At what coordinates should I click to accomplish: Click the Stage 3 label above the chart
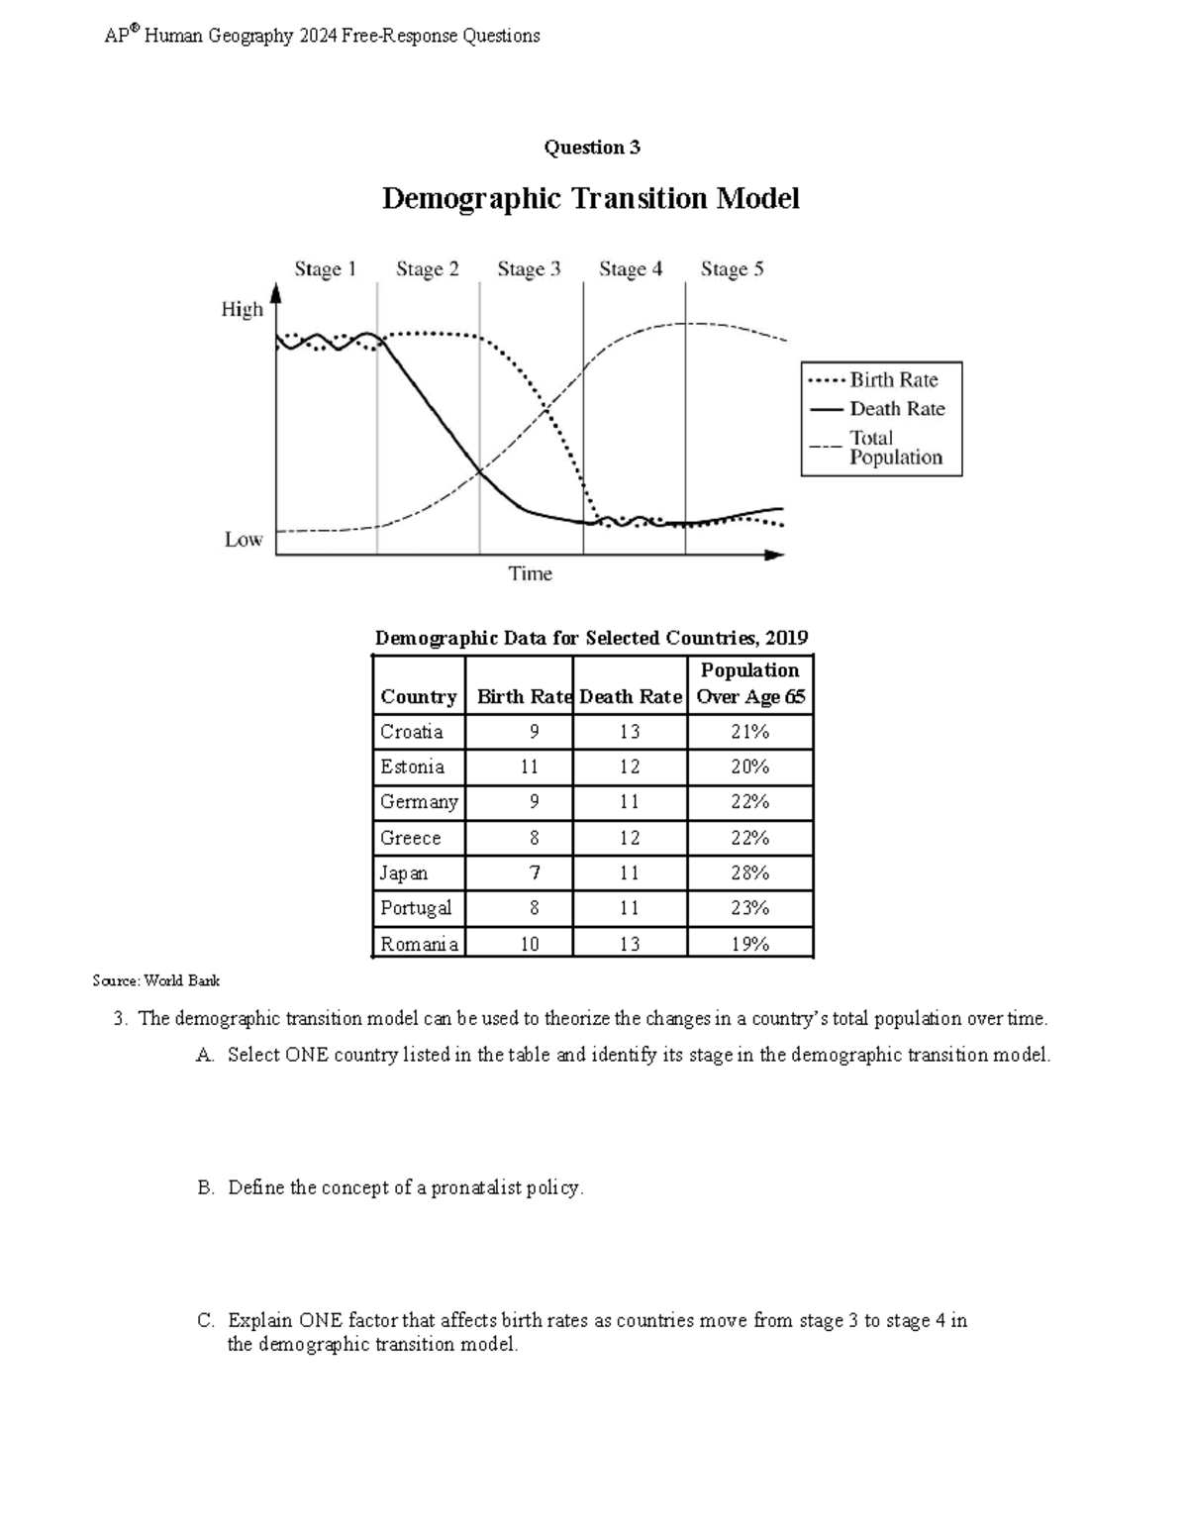(529, 269)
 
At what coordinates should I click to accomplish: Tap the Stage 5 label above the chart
(732, 269)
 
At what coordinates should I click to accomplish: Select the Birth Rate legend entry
(893, 380)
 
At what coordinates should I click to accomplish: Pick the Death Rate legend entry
(896, 409)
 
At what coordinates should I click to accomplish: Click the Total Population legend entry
(895, 448)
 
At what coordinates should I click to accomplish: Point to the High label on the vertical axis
(242, 310)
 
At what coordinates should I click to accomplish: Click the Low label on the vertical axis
(243, 540)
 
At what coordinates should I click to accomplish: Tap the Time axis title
(530, 574)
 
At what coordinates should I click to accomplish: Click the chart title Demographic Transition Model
(590, 199)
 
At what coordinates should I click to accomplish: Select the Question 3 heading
(591, 148)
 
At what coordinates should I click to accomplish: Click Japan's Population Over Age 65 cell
(749, 873)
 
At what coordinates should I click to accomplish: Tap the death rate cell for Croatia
(630, 732)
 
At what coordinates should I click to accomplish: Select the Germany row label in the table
(419, 802)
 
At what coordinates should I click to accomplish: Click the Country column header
(418, 697)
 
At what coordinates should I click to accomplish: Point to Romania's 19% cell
(749, 944)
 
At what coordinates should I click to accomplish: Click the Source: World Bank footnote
(155, 981)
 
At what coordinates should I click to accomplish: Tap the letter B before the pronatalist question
(205, 1188)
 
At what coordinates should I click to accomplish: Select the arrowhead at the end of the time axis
(776, 556)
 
